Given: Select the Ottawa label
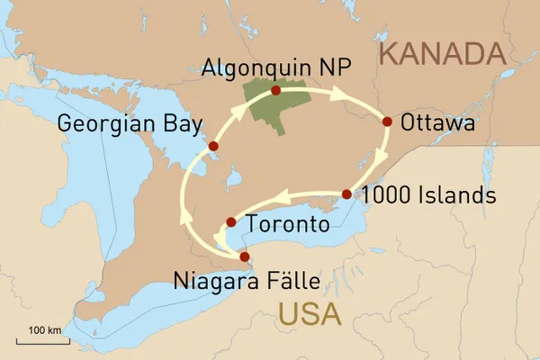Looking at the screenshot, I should (x=438, y=123).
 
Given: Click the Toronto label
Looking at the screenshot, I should (x=287, y=224).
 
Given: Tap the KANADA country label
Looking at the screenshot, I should (x=441, y=55).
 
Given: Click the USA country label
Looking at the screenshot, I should (x=311, y=315).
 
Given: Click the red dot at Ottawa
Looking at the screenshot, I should (x=388, y=121).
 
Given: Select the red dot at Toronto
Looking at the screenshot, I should (x=231, y=221).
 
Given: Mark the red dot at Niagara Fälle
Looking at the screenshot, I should (x=245, y=256).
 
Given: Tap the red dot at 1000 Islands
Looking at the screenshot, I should (x=346, y=194).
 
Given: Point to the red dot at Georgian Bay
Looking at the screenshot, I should (x=213, y=146).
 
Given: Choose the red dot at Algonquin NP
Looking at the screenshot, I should (x=275, y=90).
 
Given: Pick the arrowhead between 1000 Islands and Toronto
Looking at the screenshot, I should (x=284, y=196).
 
